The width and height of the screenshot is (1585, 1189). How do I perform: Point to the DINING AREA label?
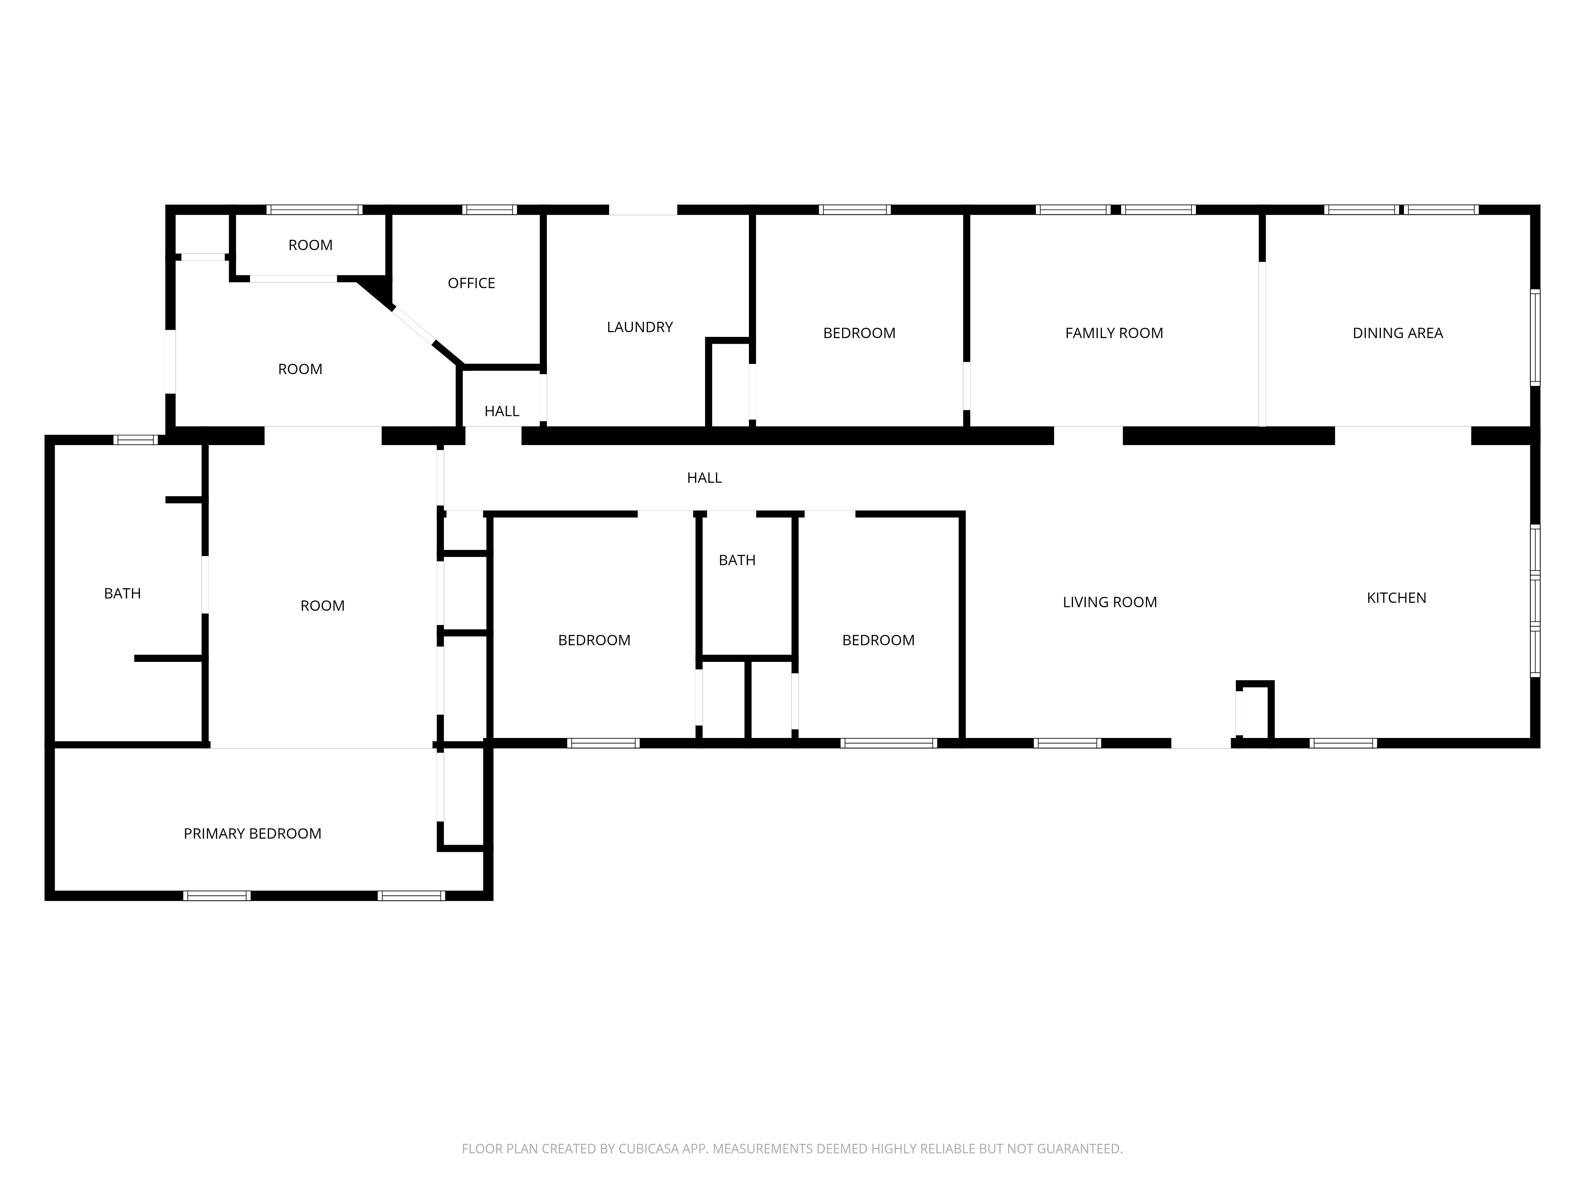tap(1397, 333)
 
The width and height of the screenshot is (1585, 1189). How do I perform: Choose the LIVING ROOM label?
tap(1109, 602)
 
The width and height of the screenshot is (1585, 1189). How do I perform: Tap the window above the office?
tap(489, 210)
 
